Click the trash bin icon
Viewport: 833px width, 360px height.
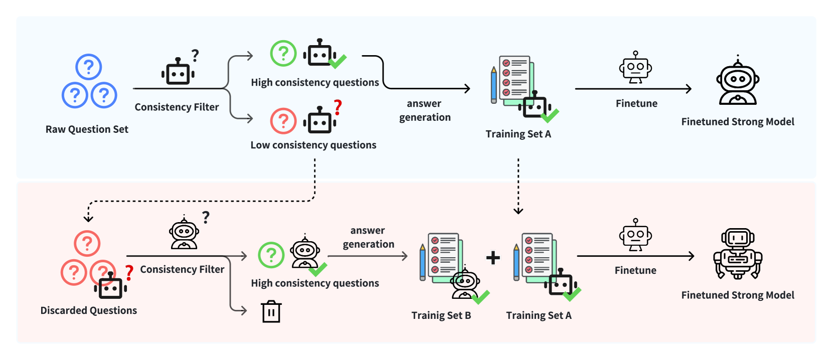point(271,311)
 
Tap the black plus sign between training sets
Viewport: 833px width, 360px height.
point(493,257)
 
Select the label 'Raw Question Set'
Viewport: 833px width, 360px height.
point(87,129)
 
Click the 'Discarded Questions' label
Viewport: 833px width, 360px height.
point(88,310)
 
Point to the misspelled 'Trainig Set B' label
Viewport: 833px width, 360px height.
point(441,315)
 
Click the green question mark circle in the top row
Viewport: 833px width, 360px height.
point(283,53)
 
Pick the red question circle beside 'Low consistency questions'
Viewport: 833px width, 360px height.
point(283,121)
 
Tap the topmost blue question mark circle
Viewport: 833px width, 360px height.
point(88,67)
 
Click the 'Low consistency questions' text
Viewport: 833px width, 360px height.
point(313,145)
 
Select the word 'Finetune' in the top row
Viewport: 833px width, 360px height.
point(636,103)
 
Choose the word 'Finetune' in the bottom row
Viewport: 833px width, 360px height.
point(635,270)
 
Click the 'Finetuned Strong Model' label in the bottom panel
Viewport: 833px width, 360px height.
point(738,295)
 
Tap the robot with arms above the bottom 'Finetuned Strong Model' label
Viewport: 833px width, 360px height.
point(738,254)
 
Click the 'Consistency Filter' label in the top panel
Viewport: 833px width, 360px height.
point(177,107)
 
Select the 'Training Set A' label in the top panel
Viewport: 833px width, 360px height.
point(519,134)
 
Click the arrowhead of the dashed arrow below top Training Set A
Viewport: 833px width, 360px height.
point(519,211)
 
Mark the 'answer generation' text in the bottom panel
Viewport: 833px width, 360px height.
point(368,237)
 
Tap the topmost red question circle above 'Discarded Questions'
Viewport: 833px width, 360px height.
point(87,244)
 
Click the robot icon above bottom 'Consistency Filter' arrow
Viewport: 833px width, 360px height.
point(184,233)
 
